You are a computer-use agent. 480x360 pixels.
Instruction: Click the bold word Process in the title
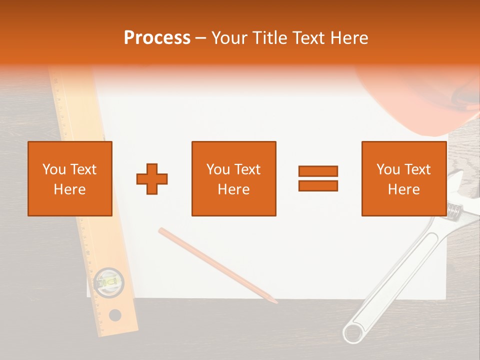(157, 38)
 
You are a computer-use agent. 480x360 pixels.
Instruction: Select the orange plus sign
(152, 178)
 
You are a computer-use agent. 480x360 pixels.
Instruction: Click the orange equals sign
(318, 178)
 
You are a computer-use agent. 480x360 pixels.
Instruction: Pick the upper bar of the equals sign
(318, 171)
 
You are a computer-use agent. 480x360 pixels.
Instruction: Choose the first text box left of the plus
(69, 178)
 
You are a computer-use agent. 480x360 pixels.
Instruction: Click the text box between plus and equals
(233, 178)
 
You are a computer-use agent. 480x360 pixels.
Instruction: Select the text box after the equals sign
(403, 178)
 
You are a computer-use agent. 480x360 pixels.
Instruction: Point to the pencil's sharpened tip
(275, 301)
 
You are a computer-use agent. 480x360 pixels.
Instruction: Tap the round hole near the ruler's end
(115, 315)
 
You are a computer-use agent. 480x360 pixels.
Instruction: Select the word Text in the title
(307, 38)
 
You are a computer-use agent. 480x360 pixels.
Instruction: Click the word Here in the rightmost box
(403, 189)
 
